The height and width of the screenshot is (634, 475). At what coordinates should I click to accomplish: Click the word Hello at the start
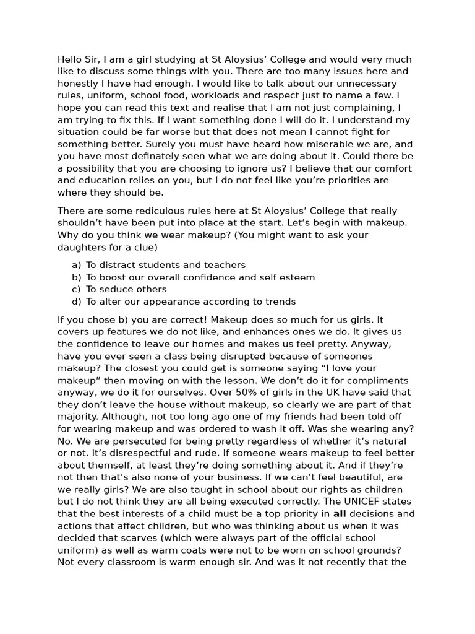(x=71, y=59)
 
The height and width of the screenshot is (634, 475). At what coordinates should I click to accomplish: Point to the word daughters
(x=81, y=247)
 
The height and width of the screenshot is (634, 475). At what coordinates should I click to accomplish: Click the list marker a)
(x=76, y=265)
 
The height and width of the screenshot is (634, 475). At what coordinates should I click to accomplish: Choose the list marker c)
(x=76, y=289)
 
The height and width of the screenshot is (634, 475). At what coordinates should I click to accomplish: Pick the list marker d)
(x=76, y=302)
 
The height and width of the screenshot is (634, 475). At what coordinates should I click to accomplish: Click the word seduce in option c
(x=114, y=289)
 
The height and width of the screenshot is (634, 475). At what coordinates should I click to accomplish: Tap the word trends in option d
(x=280, y=302)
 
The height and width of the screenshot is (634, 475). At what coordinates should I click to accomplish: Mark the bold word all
(x=340, y=514)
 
